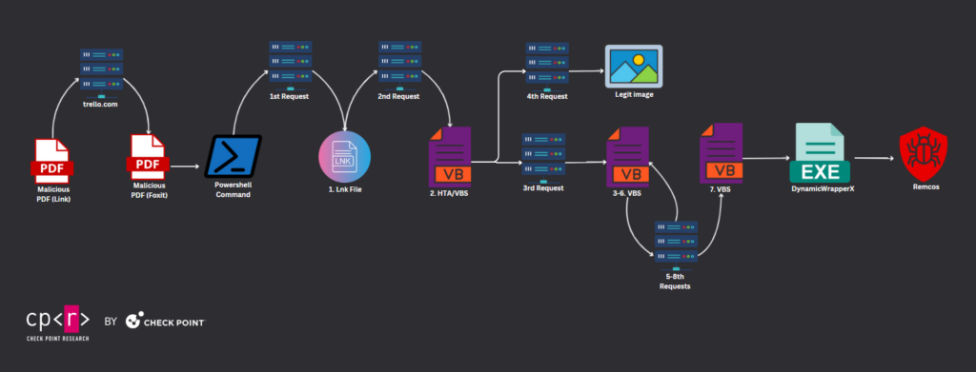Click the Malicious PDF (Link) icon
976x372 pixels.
point(52,160)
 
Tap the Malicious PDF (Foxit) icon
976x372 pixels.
point(148,157)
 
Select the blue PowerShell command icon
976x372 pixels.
point(234,157)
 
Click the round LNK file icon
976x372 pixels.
point(344,156)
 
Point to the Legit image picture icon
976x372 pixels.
point(634,66)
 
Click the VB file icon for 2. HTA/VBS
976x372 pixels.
point(450,157)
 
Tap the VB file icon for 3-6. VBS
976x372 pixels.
point(628,157)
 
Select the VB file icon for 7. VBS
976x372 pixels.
point(721,153)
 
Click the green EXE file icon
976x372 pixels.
point(820,153)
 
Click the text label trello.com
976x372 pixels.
point(101,105)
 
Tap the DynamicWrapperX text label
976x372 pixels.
point(823,188)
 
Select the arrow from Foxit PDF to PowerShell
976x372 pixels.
point(186,166)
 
